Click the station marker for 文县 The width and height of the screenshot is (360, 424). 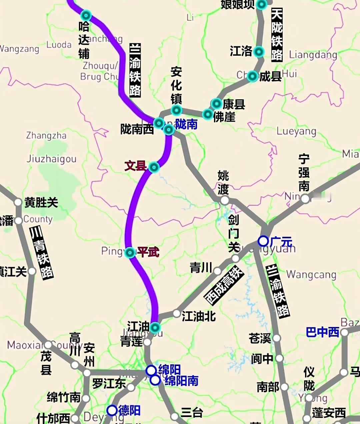point(154,167)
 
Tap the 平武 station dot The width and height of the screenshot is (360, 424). point(130,253)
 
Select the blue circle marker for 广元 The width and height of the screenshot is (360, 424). point(263,241)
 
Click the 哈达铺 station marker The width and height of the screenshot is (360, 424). point(86,15)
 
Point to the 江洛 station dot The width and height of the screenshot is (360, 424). point(259,52)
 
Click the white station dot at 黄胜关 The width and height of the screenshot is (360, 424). point(18,202)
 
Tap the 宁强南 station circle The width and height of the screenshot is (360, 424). point(305,199)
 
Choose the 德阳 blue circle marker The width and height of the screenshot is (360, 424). point(112,410)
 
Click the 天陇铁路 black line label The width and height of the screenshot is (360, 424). point(277,35)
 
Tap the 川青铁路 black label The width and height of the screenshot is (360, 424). point(42,253)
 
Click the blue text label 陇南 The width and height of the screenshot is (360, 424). point(186,124)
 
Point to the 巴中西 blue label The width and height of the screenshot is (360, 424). point(322,332)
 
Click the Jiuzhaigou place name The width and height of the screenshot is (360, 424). point(51,159)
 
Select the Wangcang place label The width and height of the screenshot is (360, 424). point(311,275)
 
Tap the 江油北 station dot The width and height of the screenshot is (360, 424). point(177,314)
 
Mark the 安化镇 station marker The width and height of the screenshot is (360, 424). point(176,110)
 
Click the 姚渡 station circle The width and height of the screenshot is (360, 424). point(225,200)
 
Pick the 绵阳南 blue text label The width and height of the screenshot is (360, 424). point(181,381)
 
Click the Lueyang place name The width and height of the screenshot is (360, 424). point(296,131)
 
